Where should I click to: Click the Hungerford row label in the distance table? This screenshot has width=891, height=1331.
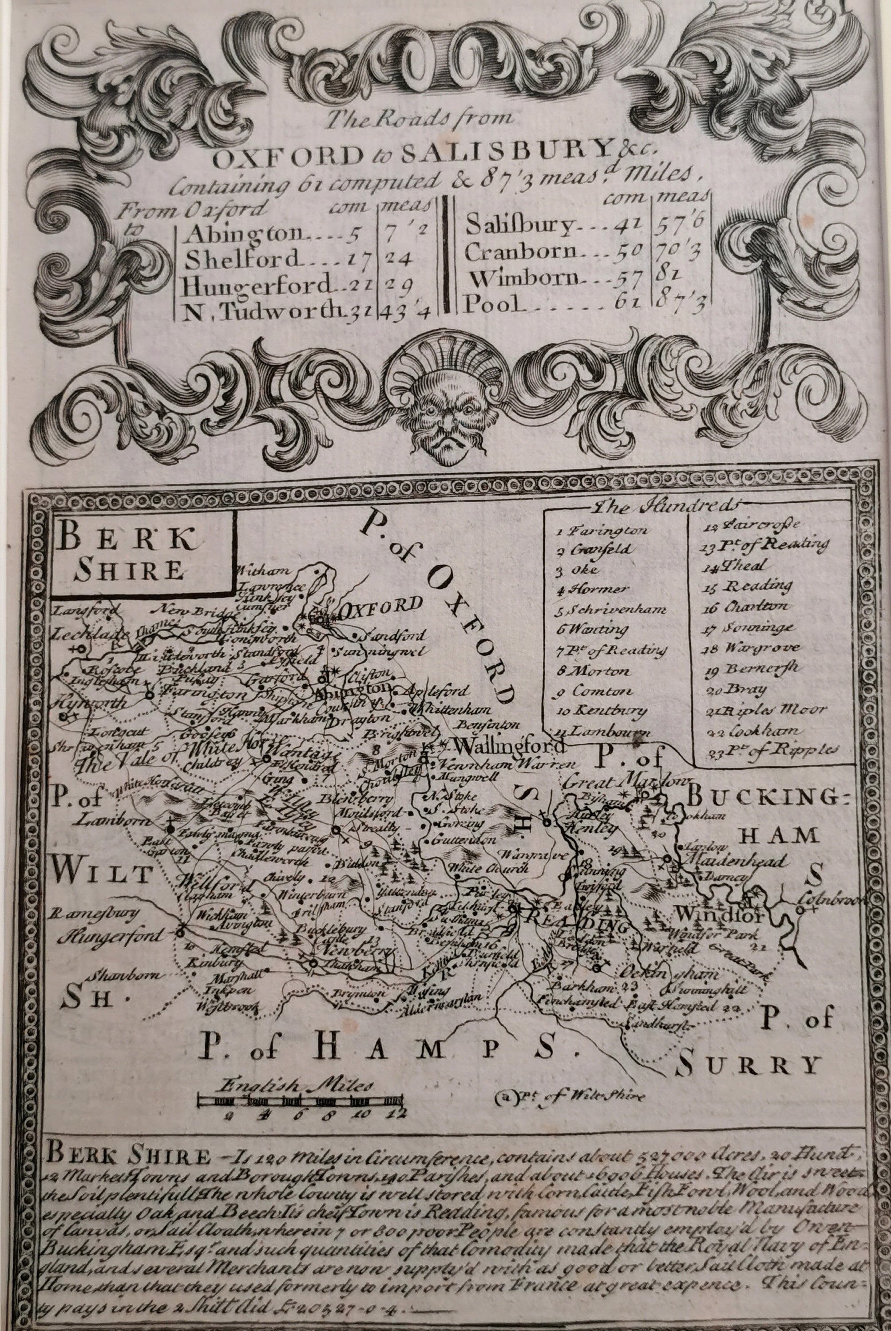[255, 284]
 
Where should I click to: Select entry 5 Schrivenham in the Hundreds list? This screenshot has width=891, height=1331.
[611, 609]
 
